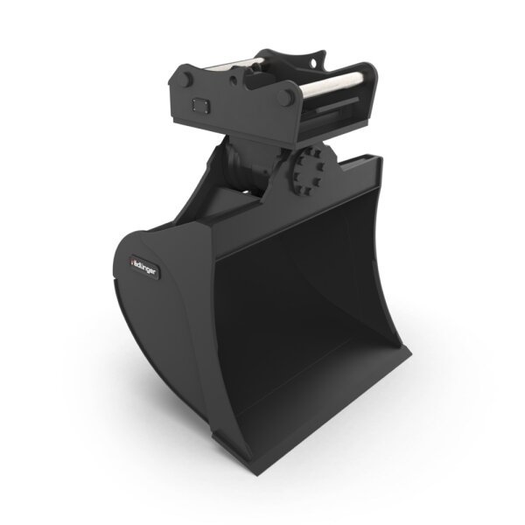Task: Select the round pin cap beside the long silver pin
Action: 285,96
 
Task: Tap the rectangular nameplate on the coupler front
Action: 199,106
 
